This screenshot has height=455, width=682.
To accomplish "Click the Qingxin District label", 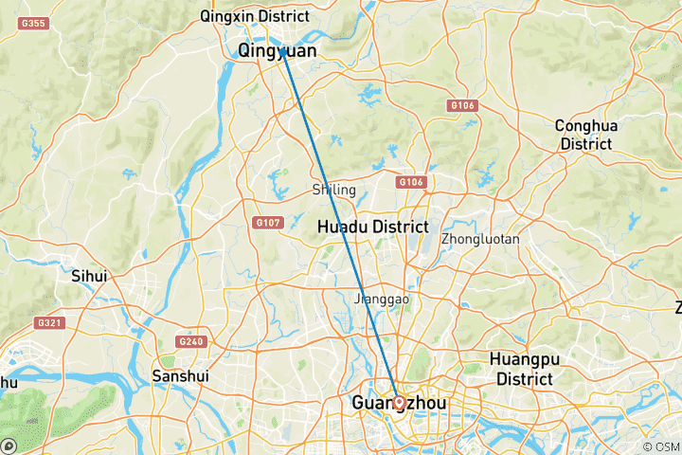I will coord(255,16).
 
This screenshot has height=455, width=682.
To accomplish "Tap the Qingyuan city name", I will coord(277,50).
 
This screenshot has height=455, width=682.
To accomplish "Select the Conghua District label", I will coord(584,135).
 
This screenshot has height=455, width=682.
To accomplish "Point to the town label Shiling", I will coord(333,190).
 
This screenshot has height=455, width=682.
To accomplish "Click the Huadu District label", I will coord(372,227).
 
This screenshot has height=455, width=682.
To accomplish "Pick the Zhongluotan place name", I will coord(480,239).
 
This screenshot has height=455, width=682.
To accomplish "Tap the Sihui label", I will coord(90,276).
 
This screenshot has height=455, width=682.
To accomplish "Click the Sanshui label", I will coord(174,375).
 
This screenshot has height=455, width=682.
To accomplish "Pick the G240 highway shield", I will coord(189,341).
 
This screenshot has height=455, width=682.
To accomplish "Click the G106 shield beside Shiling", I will coord(410,182).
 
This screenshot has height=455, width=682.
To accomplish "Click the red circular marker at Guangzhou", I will coord(399,402).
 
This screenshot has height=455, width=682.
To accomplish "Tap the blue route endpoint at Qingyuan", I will coord(282,53).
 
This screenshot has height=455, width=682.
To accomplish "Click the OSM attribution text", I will coord(661,446).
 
